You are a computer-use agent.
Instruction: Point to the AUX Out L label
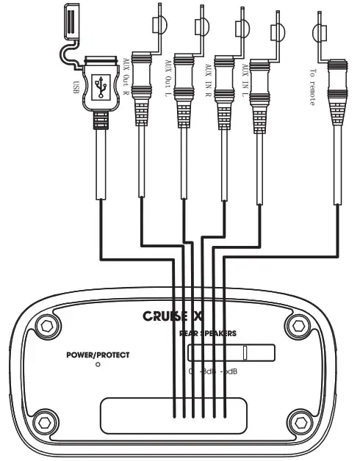pos(168,74)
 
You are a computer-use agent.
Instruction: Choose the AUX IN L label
pos(244,77)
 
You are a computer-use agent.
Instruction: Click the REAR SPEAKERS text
pos(208,333)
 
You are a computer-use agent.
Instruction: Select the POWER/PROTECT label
pos(98,355)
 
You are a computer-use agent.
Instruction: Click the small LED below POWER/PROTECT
pos(98,365)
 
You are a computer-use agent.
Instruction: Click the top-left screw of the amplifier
pos(48,324)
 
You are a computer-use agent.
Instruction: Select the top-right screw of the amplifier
pos(299,324)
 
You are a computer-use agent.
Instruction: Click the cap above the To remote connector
pos(320,32)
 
